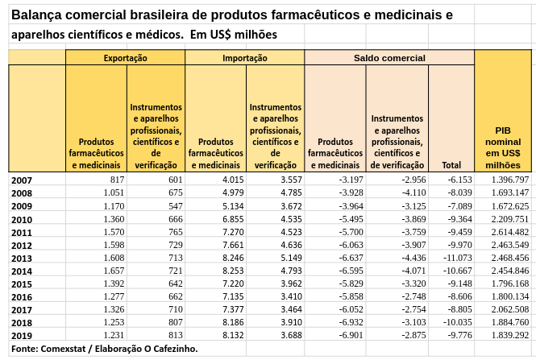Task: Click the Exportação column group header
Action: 125,58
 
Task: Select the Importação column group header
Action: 244,58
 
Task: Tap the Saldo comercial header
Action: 389,58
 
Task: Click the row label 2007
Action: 22,180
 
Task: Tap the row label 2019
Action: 22,335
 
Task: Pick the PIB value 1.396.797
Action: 509,179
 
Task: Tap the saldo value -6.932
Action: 348,321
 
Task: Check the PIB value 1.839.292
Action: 509,334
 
